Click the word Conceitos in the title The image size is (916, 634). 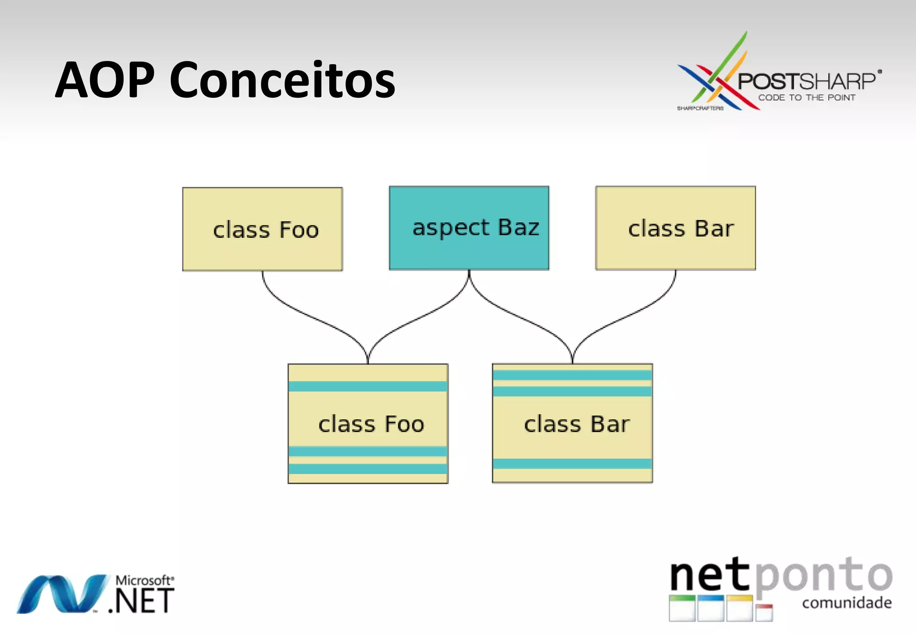pyautogui.click(x=282, y=80)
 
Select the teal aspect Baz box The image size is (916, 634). pyautogui.click(x=469, y=228)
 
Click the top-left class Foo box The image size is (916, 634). pyautogui.click(x=263, y=229)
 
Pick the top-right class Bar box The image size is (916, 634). pyautogui.click(x=675, y=228)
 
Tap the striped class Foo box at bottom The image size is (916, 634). pyautogui.click(x=368, y=423)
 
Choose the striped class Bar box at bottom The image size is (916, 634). pyautogui.click(x=572, y=423)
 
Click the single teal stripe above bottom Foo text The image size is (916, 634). pyautogui.click(x=368, y=386)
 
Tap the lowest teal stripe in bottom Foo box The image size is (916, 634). pyautogui.click(x=368, y=469)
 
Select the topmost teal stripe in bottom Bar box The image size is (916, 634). pyautogui.click(x=572, y=375)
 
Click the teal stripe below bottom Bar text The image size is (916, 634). pyautogui.click(x=572, y=464)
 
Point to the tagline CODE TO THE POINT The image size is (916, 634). pyautogui.click(x=806, y=97)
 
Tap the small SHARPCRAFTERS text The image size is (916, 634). pyautogui.click(x=700, y=108)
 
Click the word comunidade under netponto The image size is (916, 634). pyautogui.click(x=847, y=603)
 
